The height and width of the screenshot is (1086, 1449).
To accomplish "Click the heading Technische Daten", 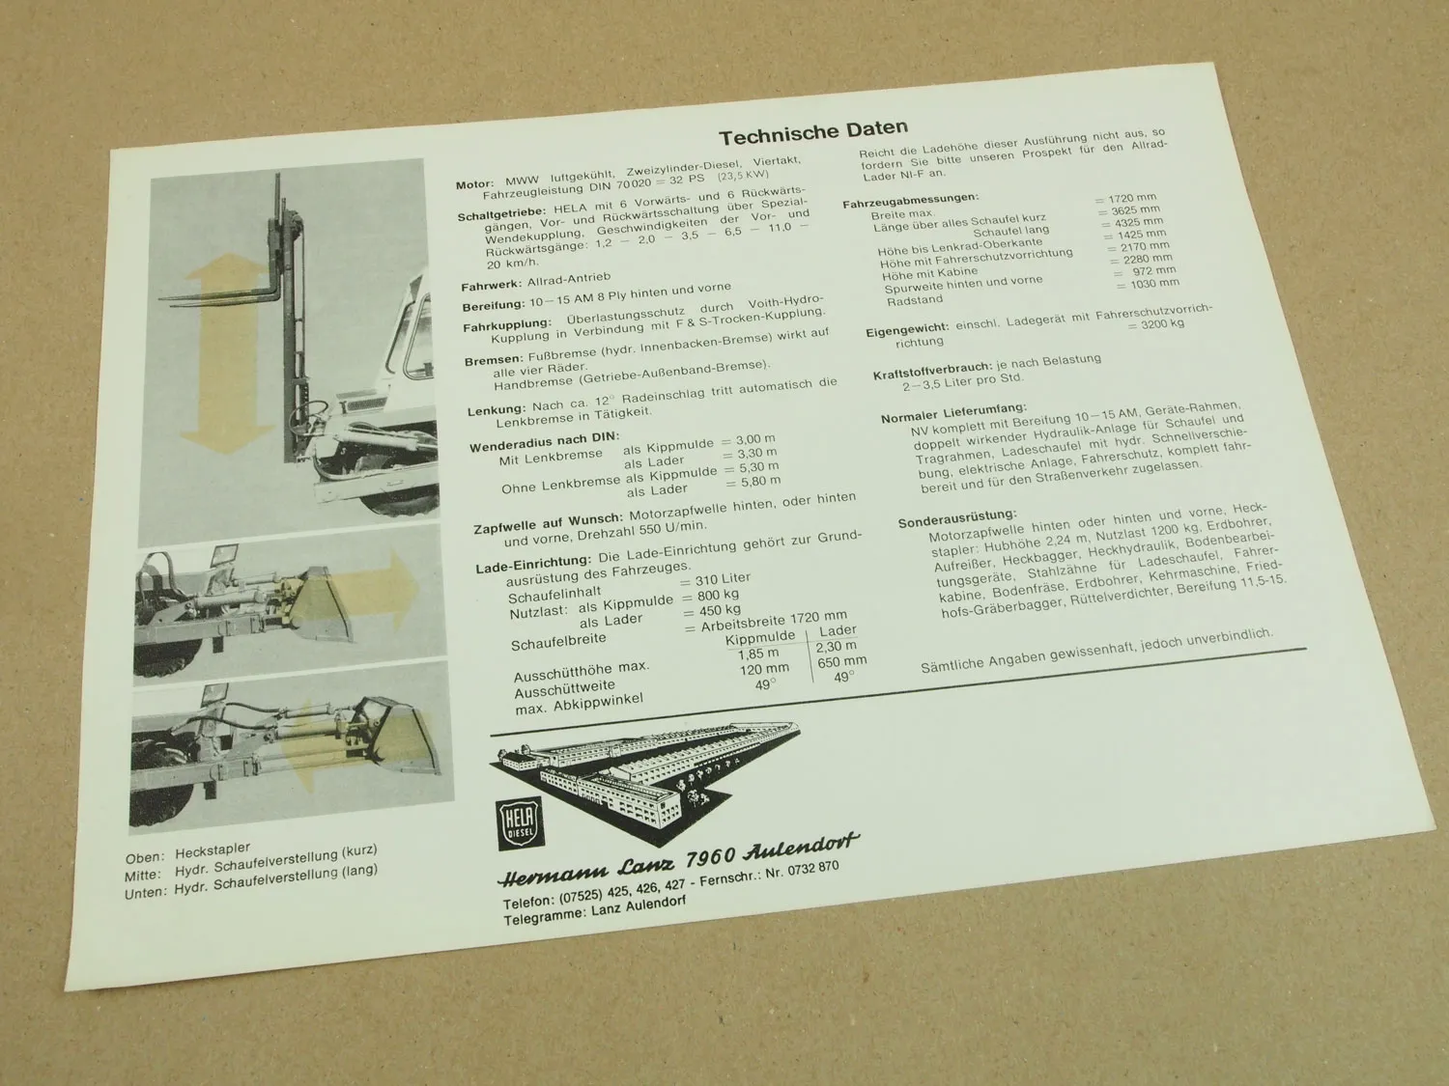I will [x=813, y=129].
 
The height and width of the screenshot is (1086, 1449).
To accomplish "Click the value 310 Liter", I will [x=723, y=579].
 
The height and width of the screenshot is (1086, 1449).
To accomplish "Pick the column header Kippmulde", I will [x=759, y=637].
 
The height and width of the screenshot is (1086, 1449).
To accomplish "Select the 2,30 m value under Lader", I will [x=836, y=647].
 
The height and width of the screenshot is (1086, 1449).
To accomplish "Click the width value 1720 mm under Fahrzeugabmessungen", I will [x=1125, y=198].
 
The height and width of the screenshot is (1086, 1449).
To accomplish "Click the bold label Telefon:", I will [x=528, y=903].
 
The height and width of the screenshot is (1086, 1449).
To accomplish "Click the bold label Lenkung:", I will [x=497, y=409].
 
